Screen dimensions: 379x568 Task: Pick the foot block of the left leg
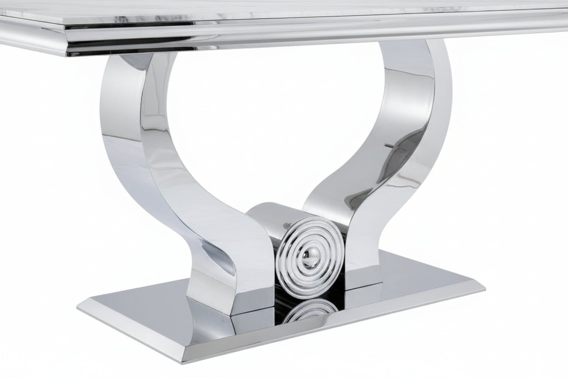[x=214, y=292]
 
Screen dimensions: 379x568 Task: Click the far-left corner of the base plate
[x=78, y=306]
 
